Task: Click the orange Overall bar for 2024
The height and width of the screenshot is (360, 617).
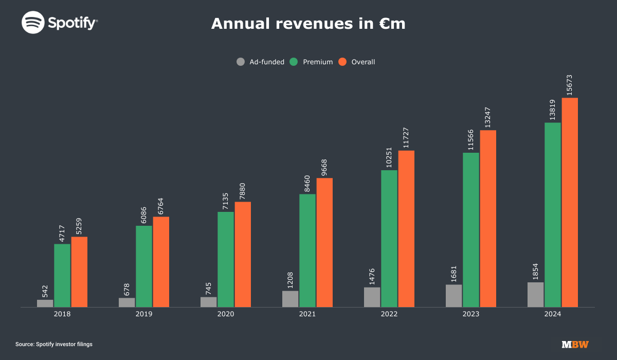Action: (x=570, y=203)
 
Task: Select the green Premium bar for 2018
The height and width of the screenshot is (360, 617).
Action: (x=62, y=276)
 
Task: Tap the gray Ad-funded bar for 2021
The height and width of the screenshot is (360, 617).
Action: (x=290, y=299)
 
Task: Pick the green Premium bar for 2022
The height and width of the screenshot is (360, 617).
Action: (x=389, y=239)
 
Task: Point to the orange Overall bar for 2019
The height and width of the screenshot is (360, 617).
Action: (x=161, y=262)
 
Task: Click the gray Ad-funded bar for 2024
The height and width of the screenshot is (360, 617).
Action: (x=535, y=295)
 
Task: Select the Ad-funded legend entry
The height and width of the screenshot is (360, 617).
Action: (x=261, y=62)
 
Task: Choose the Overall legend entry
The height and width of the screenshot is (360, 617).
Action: (x=357, y=62)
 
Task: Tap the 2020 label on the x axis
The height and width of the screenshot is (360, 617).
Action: (x=226, y=314)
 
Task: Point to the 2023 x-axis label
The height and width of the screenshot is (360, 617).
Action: (x=471, y=314)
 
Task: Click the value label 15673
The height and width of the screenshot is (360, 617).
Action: (x=570, y=85)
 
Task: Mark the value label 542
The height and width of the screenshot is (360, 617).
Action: (x=45, y=291)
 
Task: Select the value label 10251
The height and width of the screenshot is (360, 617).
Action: (x=389, y=155)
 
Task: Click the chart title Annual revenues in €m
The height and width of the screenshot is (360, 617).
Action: (x=308, y=24)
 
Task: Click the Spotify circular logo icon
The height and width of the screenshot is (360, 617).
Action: (x=32, y=23)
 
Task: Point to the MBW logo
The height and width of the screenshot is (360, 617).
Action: (x=575, y=344)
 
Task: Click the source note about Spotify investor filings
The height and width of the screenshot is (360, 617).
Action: (x=54, y=344)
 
